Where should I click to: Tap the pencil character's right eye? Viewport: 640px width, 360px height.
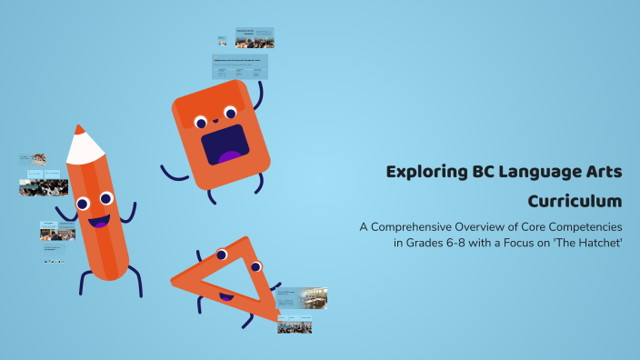pos(106,197)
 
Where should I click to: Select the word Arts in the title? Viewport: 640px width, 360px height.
pos(604,172)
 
